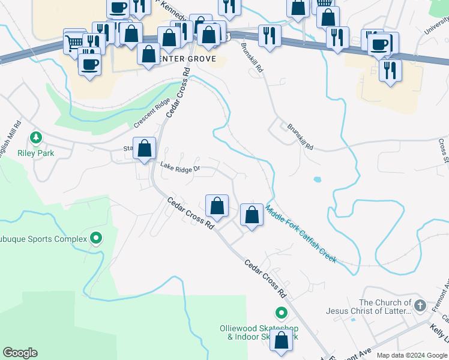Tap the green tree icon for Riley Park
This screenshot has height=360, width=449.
pyautogui.click(x=36, y=139)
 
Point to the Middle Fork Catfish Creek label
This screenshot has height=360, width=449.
pyautogui.click(x=301, y=235)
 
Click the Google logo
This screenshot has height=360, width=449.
pyautogui.click(x=20, y=353)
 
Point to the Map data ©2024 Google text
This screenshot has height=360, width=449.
pyautogui.click(x=411, y=355)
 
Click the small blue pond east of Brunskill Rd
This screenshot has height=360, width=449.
pyautogui.click(x=316, y=179)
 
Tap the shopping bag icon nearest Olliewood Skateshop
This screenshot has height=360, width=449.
pyautogui.click(x=281, y=340)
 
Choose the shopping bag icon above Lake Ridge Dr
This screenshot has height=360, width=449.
pyautogui.click(x=144, y=149)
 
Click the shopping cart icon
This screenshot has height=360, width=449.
pyautogui.click(x=74, y=42)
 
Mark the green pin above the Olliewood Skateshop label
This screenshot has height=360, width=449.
pyautogui.click(x=281, y=313)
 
